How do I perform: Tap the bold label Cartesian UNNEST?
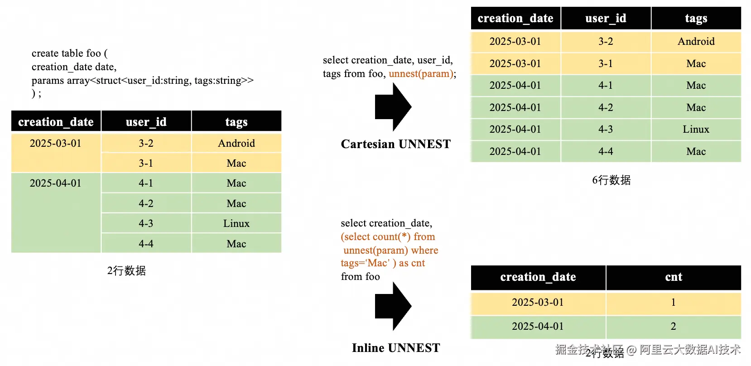(x=395, y=144)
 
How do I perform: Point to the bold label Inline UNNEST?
(x=395, y=348)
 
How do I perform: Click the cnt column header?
(x=674, y=277)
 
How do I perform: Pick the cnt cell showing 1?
(x=674, y=302)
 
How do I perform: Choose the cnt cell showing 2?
(x=674, y=327)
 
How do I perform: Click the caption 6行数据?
(x=611, y=180)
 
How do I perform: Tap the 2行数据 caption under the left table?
(x=126, y=271)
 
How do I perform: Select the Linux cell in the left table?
(x=236, y=224)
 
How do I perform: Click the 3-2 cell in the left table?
(x=146, y=144)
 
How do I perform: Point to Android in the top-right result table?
(x=696, y=42)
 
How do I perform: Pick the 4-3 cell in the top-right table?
(x=606, y=130)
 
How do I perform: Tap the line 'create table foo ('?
(x=70, y=53)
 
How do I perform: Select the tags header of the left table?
(x=236, y=122)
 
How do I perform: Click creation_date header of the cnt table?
(x=538, y=277)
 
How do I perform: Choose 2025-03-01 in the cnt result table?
(x=538, y=302)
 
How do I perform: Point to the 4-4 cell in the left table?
(x=146, y=244)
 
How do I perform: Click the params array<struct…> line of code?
(x=143, y=81)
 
